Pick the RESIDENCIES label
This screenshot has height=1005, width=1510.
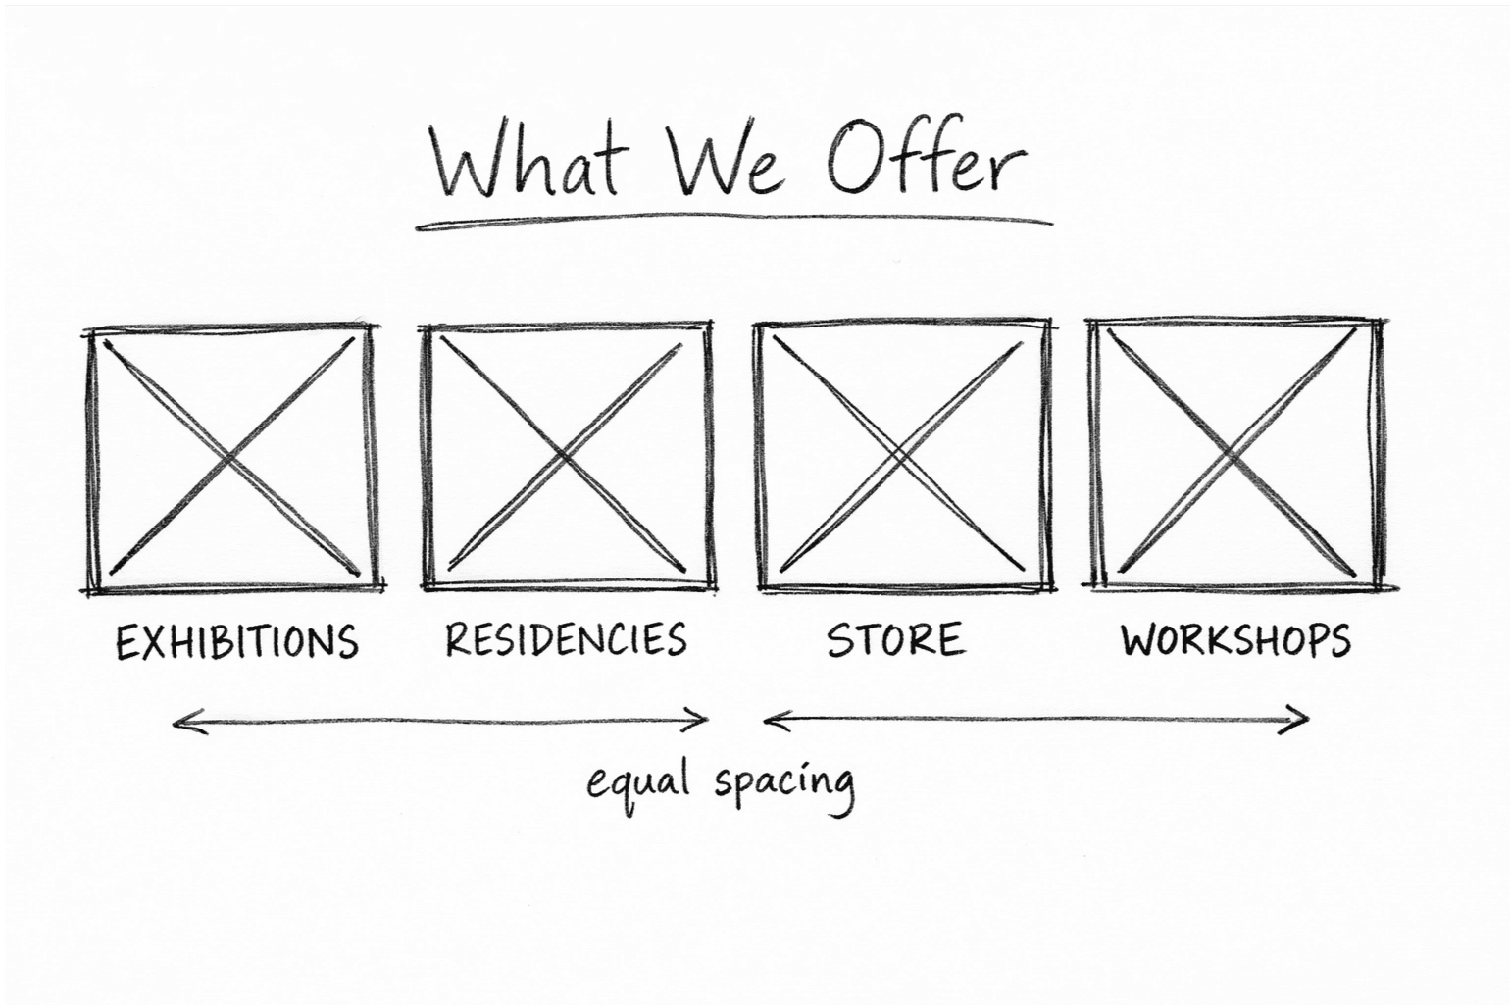[566, 639]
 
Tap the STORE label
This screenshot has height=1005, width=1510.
[895, 639]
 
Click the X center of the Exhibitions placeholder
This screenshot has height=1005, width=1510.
[230, 456]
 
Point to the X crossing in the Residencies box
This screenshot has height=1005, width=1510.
[564, 456]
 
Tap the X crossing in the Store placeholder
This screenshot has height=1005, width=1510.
[900, 456]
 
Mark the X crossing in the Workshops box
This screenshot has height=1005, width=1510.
[1233, 456]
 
